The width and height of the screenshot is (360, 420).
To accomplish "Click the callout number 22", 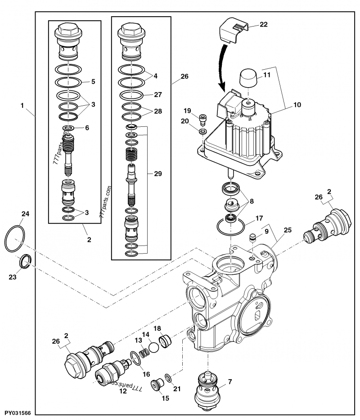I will point(263,25).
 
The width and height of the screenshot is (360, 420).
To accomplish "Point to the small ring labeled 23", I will point(25,262).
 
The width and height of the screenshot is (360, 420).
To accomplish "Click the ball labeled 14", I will point(153,347).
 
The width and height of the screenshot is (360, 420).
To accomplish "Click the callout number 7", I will point(230,382).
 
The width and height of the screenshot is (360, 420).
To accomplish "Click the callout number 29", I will point(157,173).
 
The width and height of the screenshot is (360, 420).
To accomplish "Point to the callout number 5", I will point(93,81).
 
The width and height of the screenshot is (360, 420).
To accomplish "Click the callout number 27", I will point(157,95).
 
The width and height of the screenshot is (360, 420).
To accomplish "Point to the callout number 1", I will point(21,106).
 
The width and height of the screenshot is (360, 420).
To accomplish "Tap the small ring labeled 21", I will point(168,377).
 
